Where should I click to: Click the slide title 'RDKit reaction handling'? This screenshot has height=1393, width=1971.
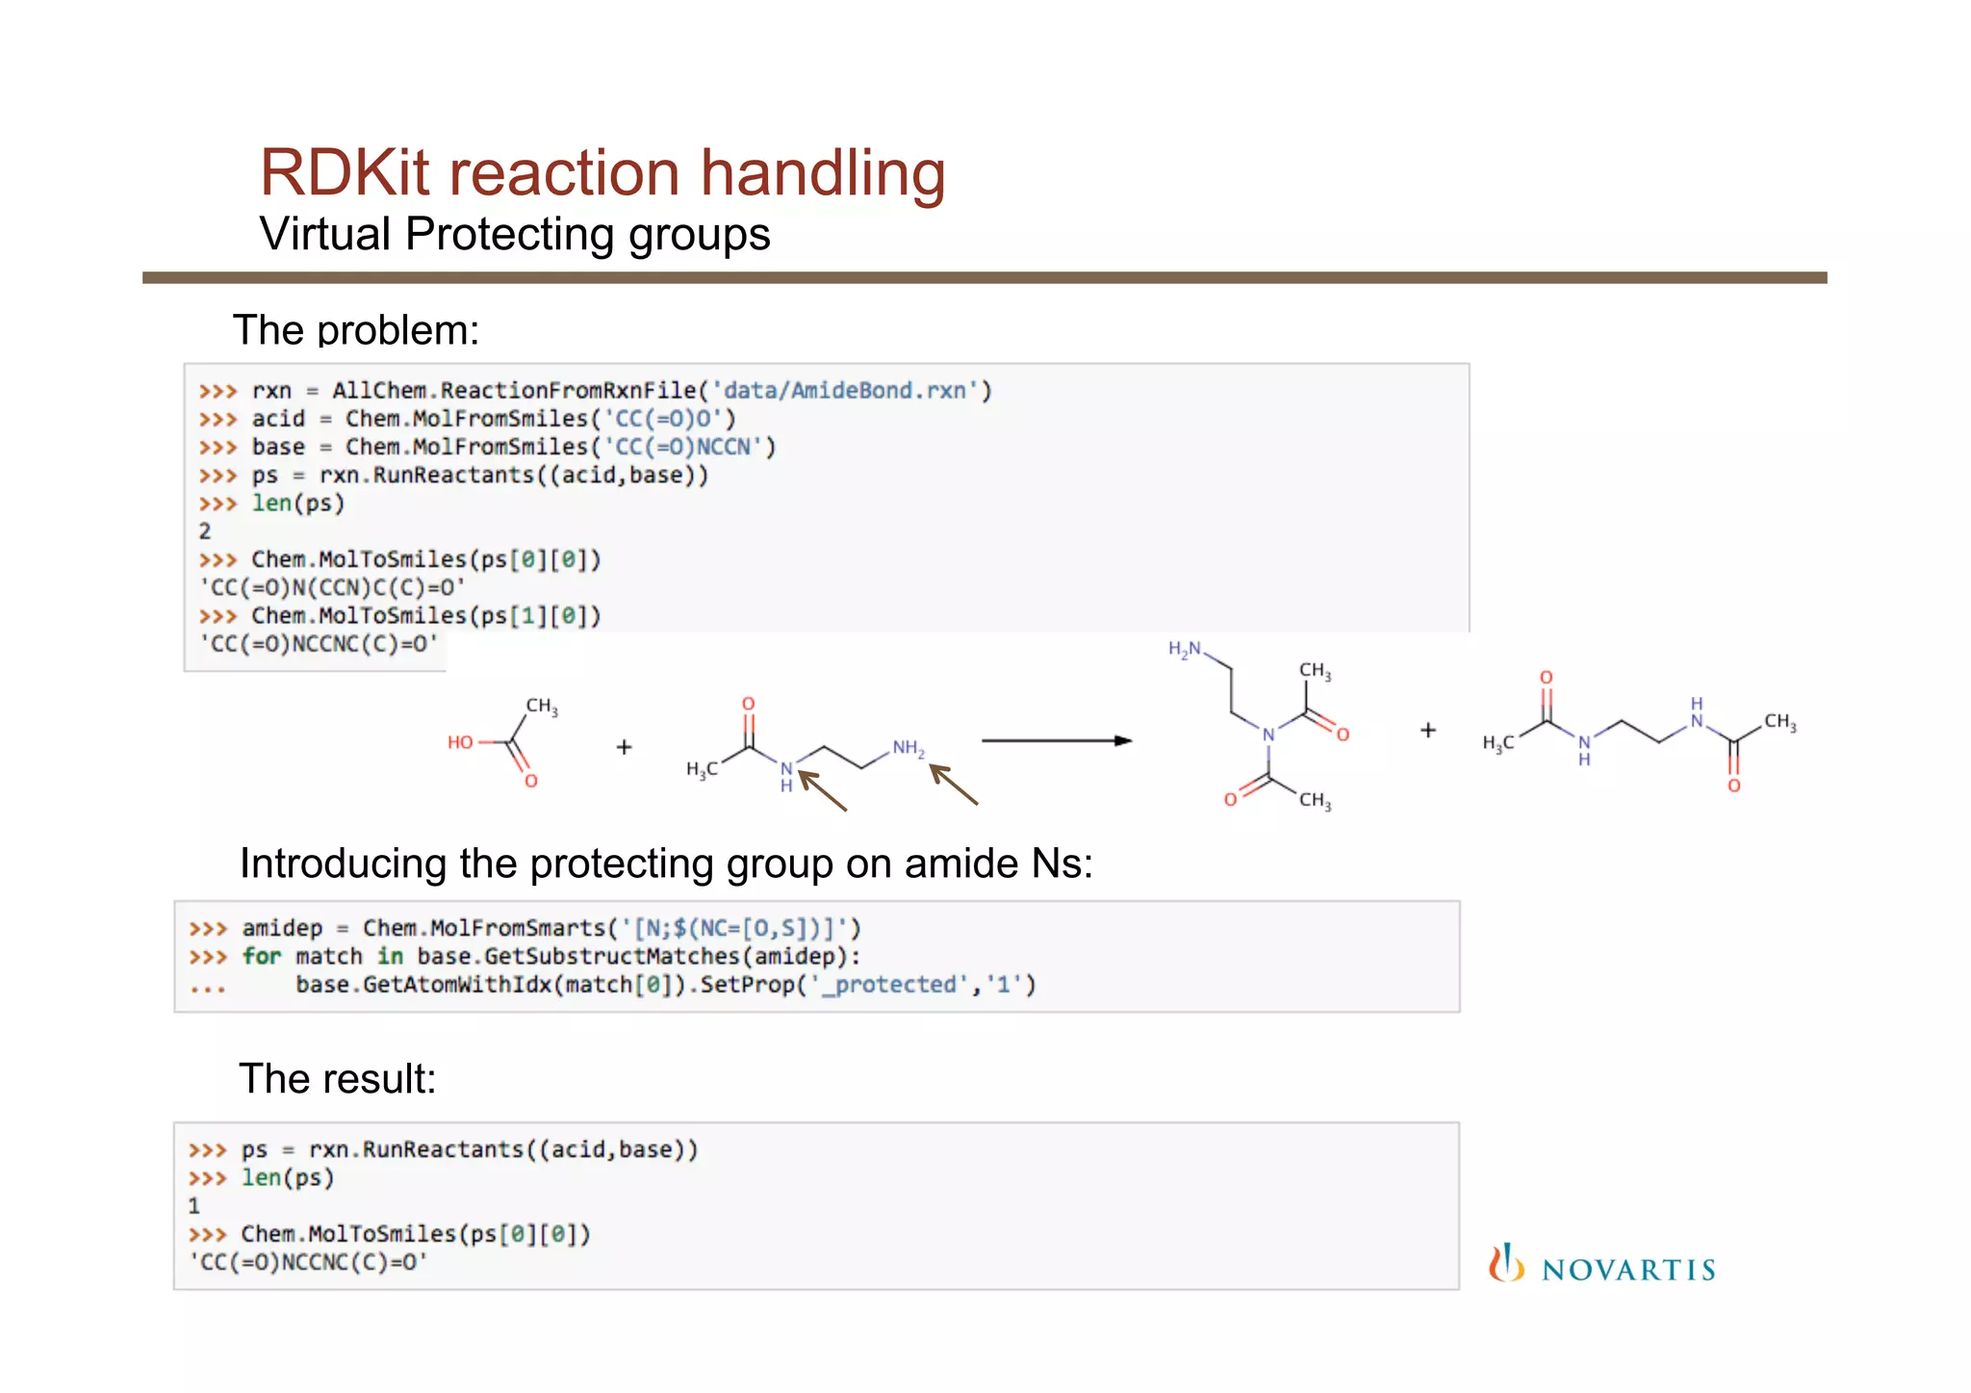pyautogui.click(x=602, y=173)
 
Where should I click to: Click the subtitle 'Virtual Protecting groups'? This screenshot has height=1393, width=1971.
pyautogui.click(x=515, y=235)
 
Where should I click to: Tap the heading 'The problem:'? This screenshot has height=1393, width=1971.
pyautogui.click(x=355, y=330)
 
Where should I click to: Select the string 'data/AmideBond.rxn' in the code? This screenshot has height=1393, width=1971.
pyautogui.click(x=844, y=391)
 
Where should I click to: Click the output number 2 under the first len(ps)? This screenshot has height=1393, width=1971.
pyautogui.click(x=204, y=531)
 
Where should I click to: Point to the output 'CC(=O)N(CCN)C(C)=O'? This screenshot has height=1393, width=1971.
pyautogui.click(x=331, y=587)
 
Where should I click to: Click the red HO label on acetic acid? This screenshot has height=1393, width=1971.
pyautogui.click(x=460, y=742)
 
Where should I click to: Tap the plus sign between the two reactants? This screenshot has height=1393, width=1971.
pyautogui.click(x=624, y=747)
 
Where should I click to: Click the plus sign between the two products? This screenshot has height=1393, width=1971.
pyautogui.click(x=1428, y=731)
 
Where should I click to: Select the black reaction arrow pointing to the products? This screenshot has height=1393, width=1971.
pyautogui.click(x=1056, y=740)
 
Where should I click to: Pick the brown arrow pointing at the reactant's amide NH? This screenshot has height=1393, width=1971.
pyautogui.click(x=823, y=790)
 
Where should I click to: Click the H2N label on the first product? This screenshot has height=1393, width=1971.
pyautogui.click(x=1185, y=650)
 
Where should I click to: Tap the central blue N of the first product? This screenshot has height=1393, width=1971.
pyautogui.click(x=1268, y=735)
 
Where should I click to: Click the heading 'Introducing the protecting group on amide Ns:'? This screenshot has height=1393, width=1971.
pyautogui.click(x=666, y=864)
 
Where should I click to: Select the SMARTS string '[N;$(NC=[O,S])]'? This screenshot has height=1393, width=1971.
pyautogui.click(x=735, y=929)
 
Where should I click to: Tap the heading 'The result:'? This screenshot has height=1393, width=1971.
pyautogui.click(x=337, y=1079)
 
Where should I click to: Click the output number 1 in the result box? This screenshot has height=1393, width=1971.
pyautogui.click(x=193, y=1206)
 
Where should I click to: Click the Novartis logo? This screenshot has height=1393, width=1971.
pyautogui.click(x=1602, y=1266)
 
